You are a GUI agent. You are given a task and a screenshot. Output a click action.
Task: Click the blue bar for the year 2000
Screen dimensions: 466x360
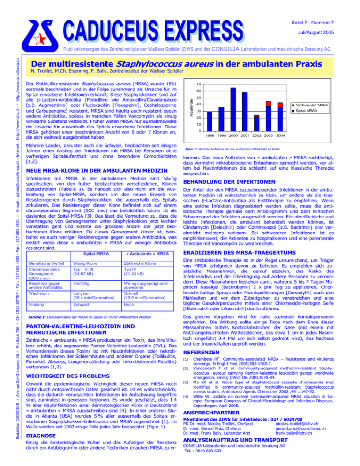(x=232, y=109)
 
